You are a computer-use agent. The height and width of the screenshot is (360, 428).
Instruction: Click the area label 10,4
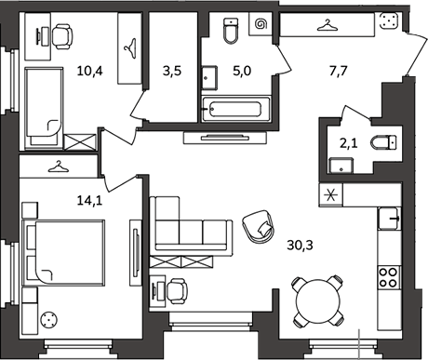pyautogui.click(x=89, y=71)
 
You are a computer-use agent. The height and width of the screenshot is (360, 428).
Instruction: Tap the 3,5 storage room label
pyautogui.click(x=172, y=71)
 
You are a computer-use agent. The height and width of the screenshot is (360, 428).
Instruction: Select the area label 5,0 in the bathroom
pyautogui.click(x=242, y=71)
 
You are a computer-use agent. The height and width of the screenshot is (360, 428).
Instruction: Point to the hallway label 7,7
pyautogui.click(x=339, y=71)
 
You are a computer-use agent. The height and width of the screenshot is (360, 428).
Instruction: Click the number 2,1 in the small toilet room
pyautogui.click(x=349, y=143)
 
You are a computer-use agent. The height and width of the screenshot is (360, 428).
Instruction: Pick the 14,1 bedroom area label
pyautogui.click(x=89, y=201)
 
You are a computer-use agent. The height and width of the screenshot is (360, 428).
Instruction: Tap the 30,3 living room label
pyautogui.click(x=300, y=246)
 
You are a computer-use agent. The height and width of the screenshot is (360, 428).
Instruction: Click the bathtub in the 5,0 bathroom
pyautogui.click(x=235, y=109)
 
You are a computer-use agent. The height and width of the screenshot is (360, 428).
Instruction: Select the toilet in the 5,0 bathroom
pyautogui.click(x=231, y=31)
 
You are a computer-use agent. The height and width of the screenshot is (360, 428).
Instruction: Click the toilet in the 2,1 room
pyautogui.click(x=383, y=143)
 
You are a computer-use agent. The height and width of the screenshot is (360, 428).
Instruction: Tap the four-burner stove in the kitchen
pyautogui.click(x=389, y=277)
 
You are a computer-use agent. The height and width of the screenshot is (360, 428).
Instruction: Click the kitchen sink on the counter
pyautogui.click(x=389, y=219)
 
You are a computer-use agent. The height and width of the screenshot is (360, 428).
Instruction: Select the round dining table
pyautogui.click(x=318, y=300)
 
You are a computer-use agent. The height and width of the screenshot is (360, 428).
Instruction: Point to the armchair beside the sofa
pyautogui.click(x=258, y=226)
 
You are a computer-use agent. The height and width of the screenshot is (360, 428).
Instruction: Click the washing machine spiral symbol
pyautogui.click(x=261, y=24)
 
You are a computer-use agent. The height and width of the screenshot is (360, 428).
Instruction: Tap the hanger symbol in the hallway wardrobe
pyautogui.click(x=328, y=25)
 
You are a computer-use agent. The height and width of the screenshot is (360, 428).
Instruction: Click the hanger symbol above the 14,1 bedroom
pyautogui.click(x=59, y=167)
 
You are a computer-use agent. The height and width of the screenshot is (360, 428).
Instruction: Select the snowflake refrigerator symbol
pyautogui.click(x=330, y=195)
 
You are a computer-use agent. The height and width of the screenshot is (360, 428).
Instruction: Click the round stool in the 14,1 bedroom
pyautogui.click(x=48, y=319)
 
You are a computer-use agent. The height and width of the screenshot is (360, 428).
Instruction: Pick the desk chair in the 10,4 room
pyautogui.click(x=62, y=36)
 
